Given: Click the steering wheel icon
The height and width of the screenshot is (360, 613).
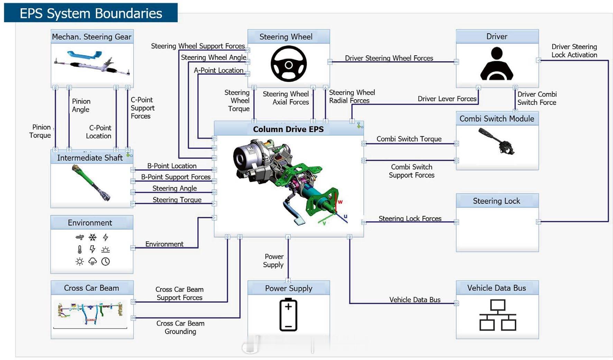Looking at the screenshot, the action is pyautogui.click(x=288, y=64).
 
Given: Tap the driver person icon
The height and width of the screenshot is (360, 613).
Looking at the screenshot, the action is pyautogui.click(x=496, y=64).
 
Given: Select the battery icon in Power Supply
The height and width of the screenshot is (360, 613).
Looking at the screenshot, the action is pyautogui.click(x=288, y=315).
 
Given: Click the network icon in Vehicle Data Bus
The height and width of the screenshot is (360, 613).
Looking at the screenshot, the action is pyautogui.click(x=498, y=315).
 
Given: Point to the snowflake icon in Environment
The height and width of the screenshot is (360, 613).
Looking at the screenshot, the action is pyautogui.click(x=93, y=237).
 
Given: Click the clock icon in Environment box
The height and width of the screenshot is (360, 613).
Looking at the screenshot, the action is pyautogui.click(x=105, y=261).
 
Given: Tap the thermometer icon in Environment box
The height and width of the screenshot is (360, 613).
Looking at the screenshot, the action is pyautogui.click(x=80, y=249).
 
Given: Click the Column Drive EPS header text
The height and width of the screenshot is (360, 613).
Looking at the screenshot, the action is pyautogui.click(x=288, y=129).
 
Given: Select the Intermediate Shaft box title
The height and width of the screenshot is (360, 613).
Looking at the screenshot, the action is pyautogui.click(x=90, y=158).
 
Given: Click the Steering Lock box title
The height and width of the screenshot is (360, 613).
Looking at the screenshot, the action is pyautogui.click(x=496, y=201).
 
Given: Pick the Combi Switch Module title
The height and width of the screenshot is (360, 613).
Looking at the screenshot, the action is pyautogui.click(x=497, y=119).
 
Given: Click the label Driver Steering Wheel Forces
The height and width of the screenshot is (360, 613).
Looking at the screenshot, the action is pyautogui.click(x=389, y=58).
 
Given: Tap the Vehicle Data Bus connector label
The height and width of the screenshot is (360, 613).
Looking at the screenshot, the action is pyautogui.click(x=415, y=299).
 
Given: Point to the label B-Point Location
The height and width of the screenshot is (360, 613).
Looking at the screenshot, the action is pyautogui.click(x=172, y=166).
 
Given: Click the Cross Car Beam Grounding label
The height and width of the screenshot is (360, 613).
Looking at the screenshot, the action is pyautogui.click(x=180, y=327).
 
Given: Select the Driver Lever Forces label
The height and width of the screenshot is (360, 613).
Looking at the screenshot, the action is pyautogui.click(x=447, y=99).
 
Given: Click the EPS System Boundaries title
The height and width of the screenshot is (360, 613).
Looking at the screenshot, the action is pyautogui.click(x=91, y=13).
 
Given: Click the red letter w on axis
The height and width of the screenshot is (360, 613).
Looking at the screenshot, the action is pyautogui.click(x=340, y=202).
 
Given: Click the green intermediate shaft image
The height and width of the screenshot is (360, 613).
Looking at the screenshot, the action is pyautogui.click(x=91, y=183).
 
